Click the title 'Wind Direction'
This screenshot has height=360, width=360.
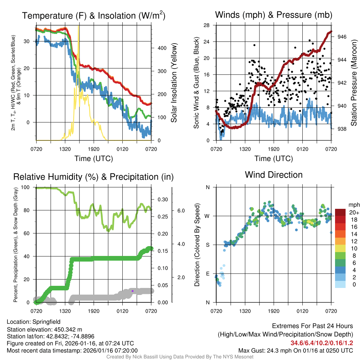[x=274, y=175]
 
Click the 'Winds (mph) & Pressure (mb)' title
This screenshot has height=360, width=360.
[x=274, y=15]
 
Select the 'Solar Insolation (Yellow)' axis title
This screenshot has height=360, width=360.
[x=174, y=83]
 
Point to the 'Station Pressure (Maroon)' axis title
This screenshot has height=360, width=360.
[x=354, y=83]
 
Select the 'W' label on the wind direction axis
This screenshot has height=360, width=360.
[x=207, y=216]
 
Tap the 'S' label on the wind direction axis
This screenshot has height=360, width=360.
[x=208, y=245]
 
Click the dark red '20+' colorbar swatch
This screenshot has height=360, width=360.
[x=341, y=212]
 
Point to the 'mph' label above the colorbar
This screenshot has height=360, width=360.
[x=353, y=205]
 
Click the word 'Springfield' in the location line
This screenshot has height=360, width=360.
[x=46, y=322]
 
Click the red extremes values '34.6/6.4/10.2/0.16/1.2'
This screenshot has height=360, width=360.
[x=321, y=343]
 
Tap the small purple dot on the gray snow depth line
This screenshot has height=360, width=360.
[x=132, y=291]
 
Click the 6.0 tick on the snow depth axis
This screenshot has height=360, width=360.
[x=181, y=211]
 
